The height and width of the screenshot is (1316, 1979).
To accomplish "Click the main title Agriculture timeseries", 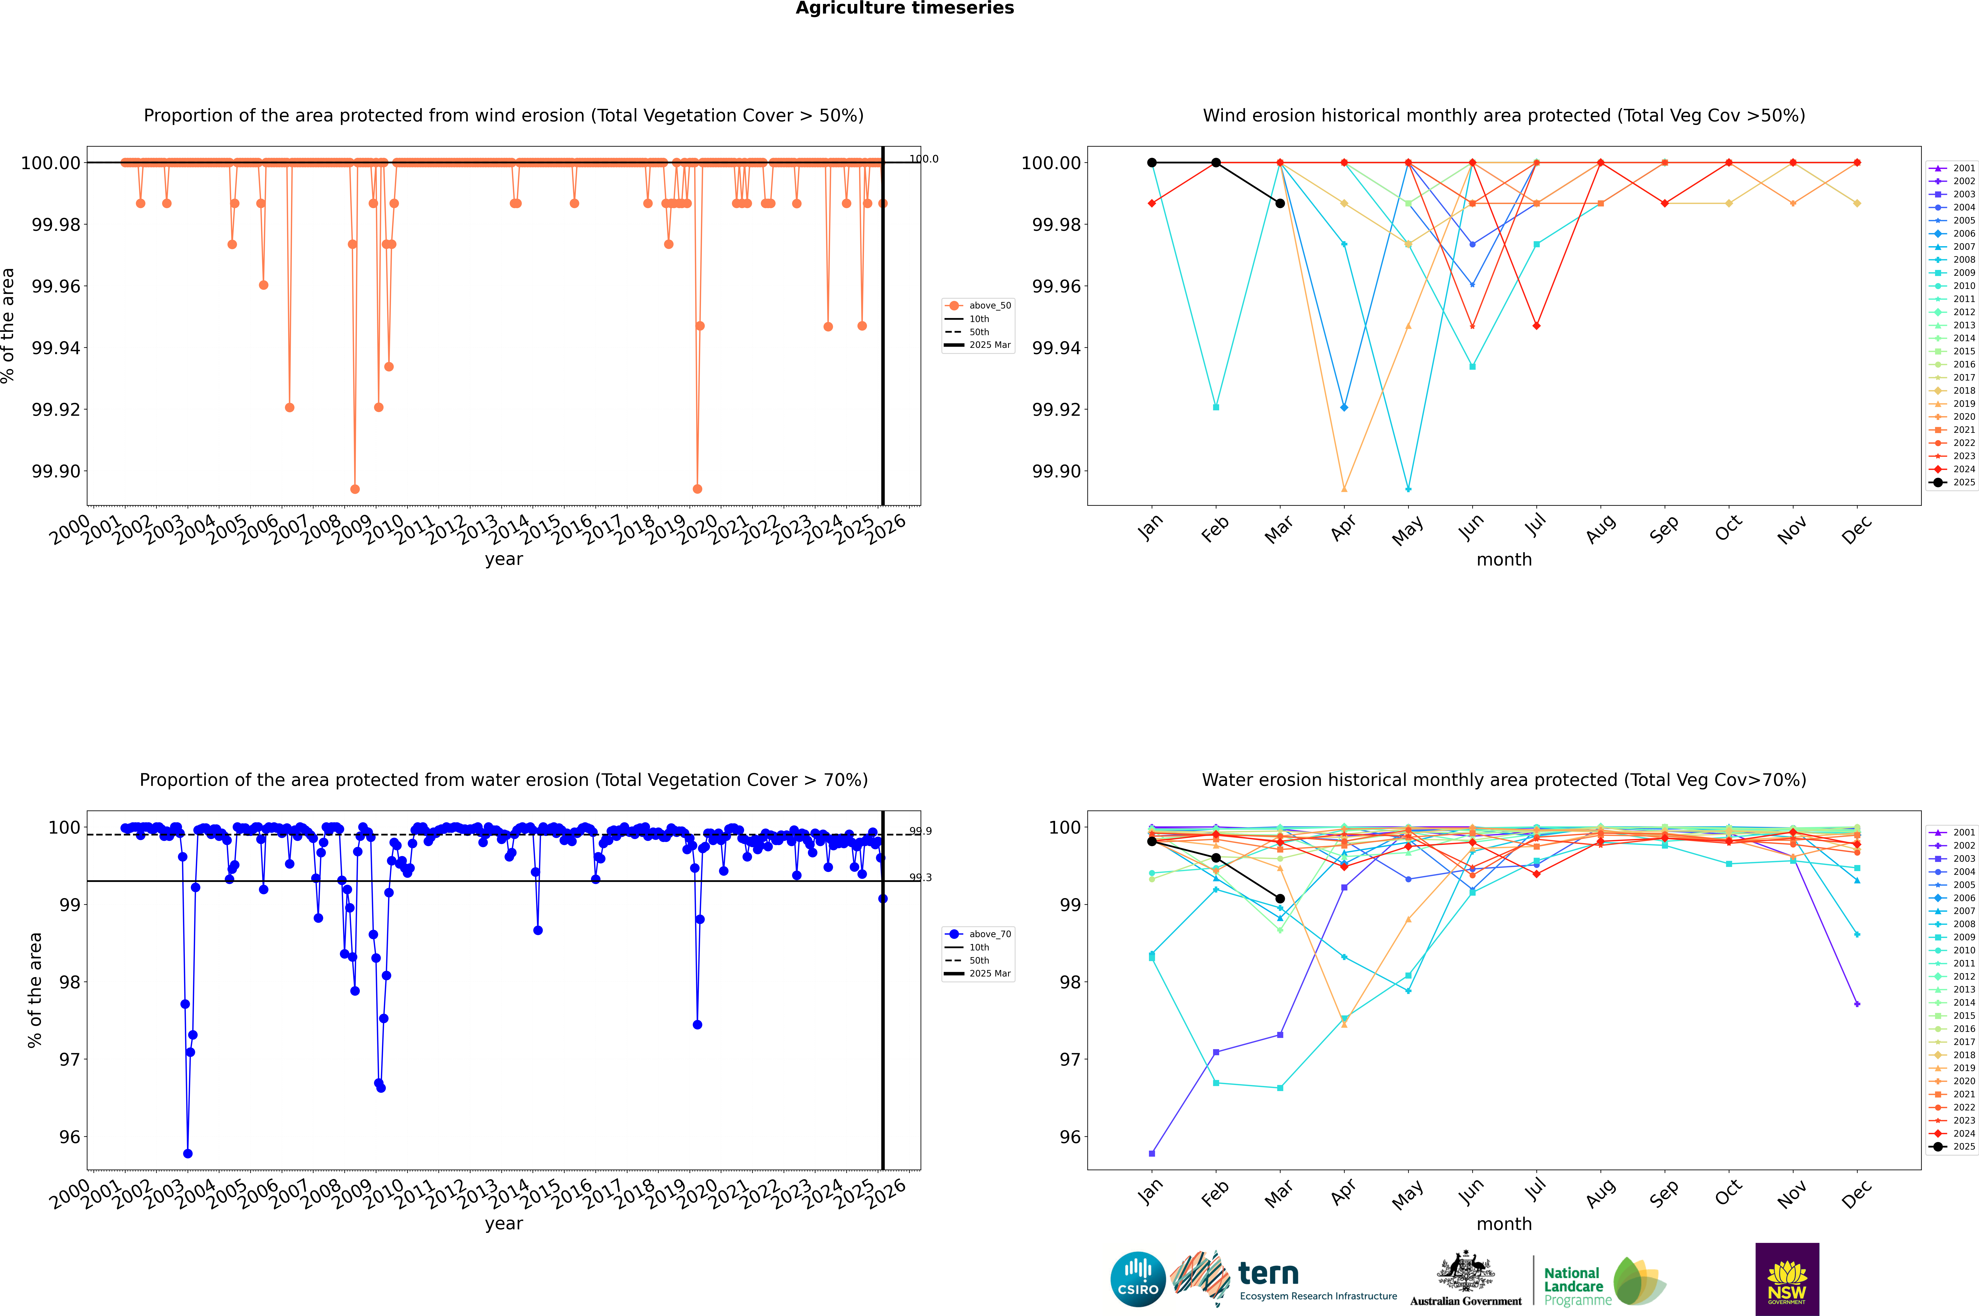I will [x=904, y=8].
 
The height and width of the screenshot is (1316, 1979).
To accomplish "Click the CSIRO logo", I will [x=1138, y=1279].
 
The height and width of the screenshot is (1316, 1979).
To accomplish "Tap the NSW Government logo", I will [x=1787, y=1279].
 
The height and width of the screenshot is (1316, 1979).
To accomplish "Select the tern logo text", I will [x=1268, y=1274].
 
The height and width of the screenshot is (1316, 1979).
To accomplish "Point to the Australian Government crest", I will [x=1466, y=1274].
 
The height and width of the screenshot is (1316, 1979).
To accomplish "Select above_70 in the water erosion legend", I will [x=990, y=934].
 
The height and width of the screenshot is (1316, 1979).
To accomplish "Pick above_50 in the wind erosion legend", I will [x=990, y=306].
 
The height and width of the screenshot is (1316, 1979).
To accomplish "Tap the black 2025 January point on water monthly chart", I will [x=1152, y=841].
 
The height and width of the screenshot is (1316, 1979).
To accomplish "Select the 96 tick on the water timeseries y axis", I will [x=70, y=1137].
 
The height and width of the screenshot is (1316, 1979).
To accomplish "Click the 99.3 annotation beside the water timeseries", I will [x=920, y=878].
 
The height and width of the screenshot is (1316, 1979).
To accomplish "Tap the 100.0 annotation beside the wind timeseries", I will [x=924, y=159].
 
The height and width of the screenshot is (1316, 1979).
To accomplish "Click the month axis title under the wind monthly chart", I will [x=1503, y=560].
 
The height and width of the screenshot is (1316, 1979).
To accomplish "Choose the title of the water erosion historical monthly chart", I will [x=1503, y=780].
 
